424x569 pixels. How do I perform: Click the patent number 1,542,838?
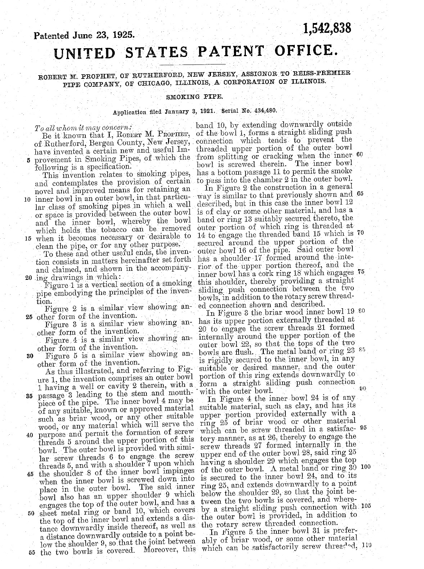coord(326,28)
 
